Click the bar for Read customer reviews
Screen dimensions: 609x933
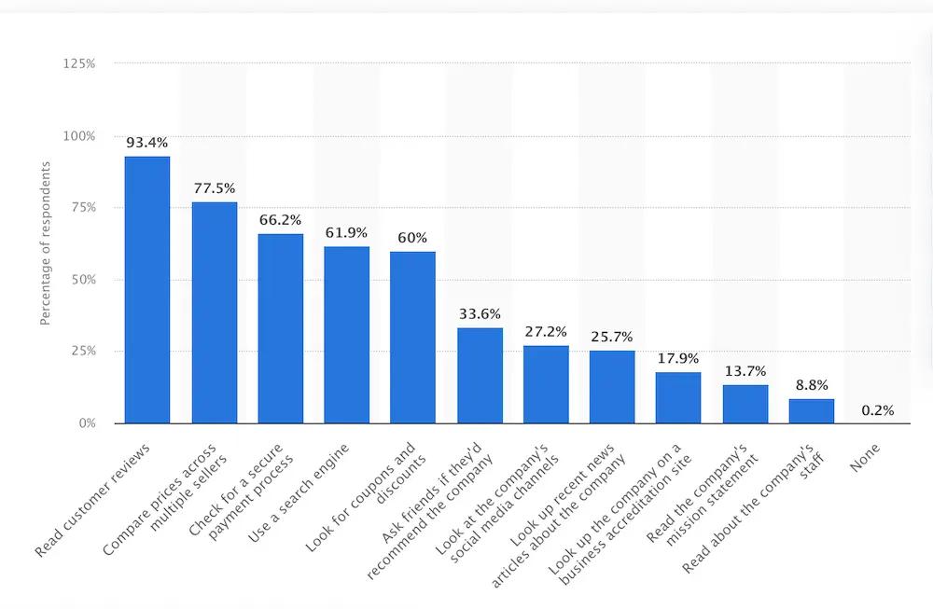(x=147, y=289)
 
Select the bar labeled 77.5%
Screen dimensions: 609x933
(x=214, y=312)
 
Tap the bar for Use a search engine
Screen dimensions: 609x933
(x=347, y=334)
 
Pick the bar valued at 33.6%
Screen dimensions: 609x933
(x=480, y=375)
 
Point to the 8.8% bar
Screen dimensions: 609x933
(x=811, y=410)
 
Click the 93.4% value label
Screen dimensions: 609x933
(x=147, y=143)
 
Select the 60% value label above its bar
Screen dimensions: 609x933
(x=412, y=238)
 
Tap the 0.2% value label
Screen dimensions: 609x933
(x=877, y=409)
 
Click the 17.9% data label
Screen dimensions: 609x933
(x=678, y=358)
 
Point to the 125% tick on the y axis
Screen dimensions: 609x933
(x=79, y=63)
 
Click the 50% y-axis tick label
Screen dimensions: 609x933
(x=82, y=280)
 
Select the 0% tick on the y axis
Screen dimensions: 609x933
(x=86, y=423)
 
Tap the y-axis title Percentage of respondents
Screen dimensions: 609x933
(x=45, y=242)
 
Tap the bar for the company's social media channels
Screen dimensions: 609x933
(x=546, y=384)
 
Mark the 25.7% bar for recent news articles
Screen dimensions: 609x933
(x=612, y=386)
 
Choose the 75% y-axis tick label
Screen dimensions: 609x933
(x=82, y=208)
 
